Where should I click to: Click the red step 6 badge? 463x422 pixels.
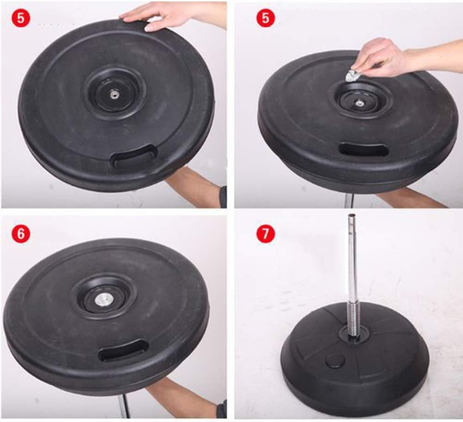[21, 233]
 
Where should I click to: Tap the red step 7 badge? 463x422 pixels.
[265, 233]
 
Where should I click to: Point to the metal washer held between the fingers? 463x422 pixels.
[353, 76]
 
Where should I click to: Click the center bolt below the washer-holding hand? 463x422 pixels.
[359, 103]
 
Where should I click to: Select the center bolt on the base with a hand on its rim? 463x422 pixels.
[113, 95]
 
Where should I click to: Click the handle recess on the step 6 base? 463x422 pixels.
[123, 350]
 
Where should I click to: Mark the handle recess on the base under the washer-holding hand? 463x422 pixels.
[364, 149]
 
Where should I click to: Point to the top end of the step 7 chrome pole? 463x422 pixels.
[352, 215]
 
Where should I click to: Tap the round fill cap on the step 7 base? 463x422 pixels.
[335, 361]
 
